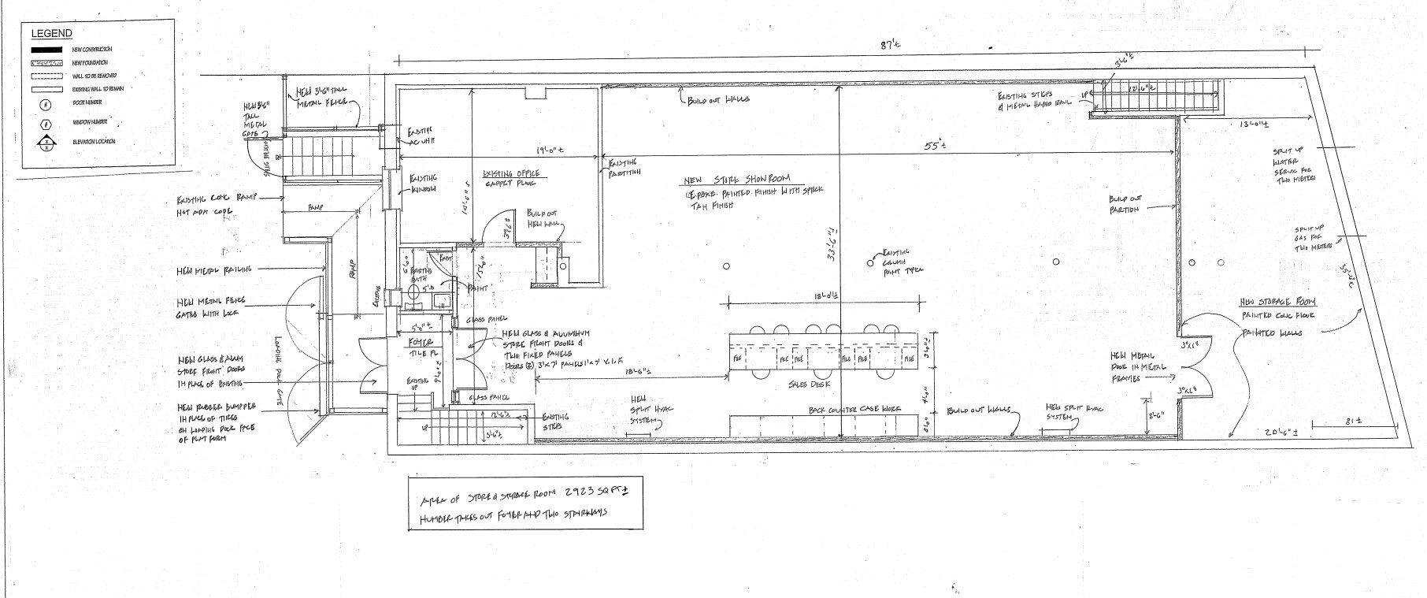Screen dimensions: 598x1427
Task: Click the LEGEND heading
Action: coord(52,33)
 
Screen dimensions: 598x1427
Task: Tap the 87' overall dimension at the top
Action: coord(888,46)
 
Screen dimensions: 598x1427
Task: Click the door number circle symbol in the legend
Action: coord(46,105)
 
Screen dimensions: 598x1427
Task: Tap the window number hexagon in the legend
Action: coord(46,123)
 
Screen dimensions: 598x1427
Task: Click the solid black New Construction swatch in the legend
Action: coord(46,50)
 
